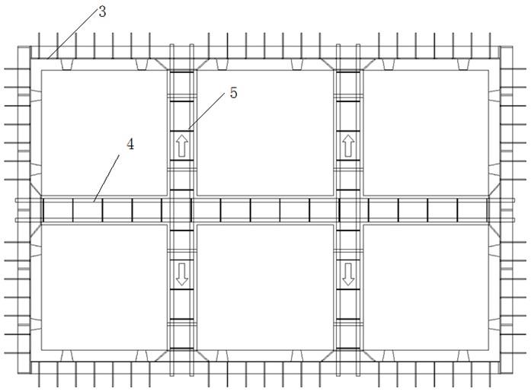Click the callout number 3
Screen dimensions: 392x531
pyautogui.click(x=101, y=12)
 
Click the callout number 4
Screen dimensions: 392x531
pyautogui.click(x=130, y=143)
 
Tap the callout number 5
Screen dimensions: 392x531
pyautogui.click(x=233, y=93)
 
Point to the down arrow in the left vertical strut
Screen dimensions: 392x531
pyautogui.click(x=181, y=273)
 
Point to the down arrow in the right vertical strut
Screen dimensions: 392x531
pyautogui.click(x=348, y=273)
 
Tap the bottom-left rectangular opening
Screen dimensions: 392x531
pyautogui.click(x=102, y=286)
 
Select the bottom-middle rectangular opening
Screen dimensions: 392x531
pyautogui.click(x=265, y=286)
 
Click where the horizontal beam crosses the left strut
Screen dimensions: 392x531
pyautogui.click(x=181, y=209)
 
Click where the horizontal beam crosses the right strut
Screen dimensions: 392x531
pyautogui.click(x=348, y=209)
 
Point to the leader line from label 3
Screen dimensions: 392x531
pyautogui.click(x=72, y=33)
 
